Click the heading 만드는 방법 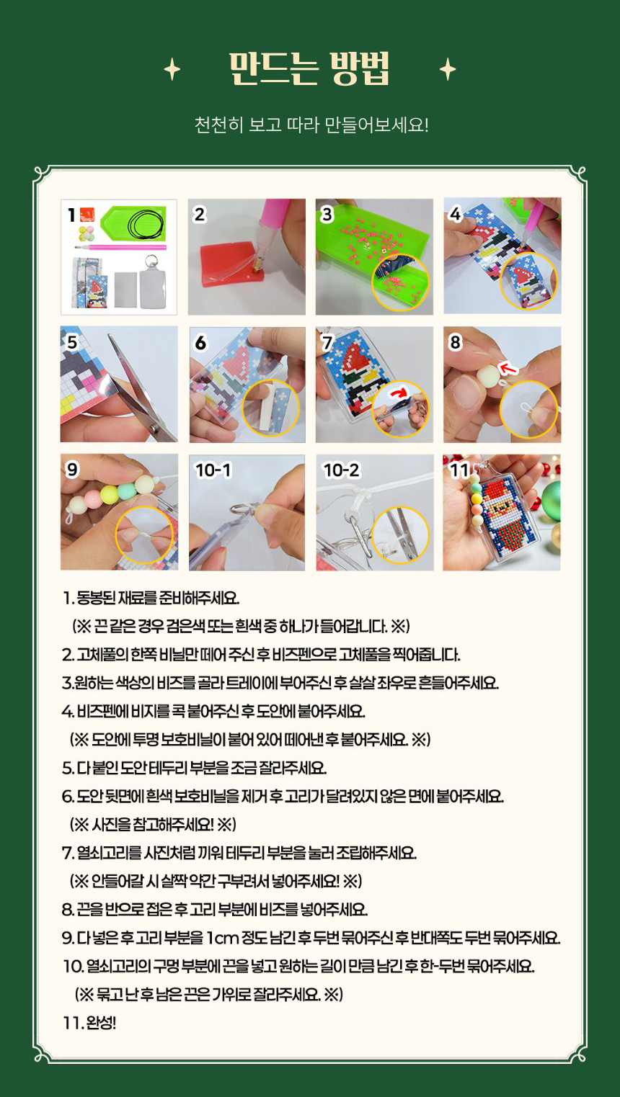pos(309,68)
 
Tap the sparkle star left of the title pos(172,70)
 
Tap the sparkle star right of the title pos(447,70)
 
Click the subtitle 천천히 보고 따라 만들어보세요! pos(311,125)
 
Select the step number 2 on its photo pos(200,215)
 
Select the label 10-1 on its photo pos(213,470)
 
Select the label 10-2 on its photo pos(341,470)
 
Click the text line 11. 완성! pos(89,1023)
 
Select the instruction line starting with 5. pos(194,768)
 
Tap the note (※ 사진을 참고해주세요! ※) pos(153,825)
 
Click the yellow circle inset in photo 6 pos(271,408)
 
